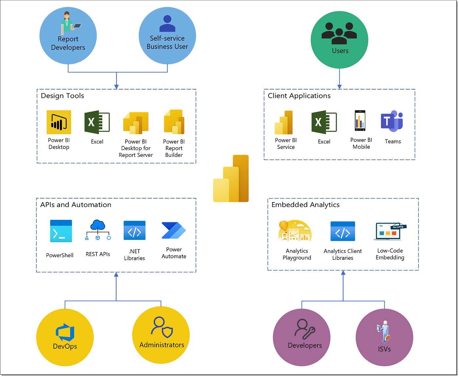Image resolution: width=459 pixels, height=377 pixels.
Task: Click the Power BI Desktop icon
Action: click(x=59, y=122)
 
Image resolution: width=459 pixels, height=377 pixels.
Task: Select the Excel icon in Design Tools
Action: click(x=97, y=122)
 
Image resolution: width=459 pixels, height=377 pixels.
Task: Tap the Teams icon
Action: click(x=392, y=121)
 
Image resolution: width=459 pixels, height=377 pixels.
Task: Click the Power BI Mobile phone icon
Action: click(x=360, y=121)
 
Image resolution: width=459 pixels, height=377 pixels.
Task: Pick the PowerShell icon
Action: click(x=61, y=231)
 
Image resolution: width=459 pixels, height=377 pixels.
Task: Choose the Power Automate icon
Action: click(x=173, y=230)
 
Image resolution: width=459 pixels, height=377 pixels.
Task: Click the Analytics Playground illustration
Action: click(x=295, y=231)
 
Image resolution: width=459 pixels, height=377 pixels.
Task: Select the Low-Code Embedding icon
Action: click(x=390, y=231)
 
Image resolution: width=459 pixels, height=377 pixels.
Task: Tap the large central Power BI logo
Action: click(x=231, y=179)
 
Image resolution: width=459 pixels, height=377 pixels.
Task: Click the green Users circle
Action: click(x=339, y=40)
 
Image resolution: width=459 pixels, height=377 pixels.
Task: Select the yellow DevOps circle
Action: click(x=65, y=337)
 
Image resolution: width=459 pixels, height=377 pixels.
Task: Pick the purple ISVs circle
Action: click(x=384, y=337)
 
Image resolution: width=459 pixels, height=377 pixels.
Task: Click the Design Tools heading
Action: click(x=63, y=96)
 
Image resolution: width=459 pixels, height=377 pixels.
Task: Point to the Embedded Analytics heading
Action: click(x=305, y=205)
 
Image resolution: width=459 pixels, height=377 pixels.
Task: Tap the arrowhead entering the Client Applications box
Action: click(x=339, y=87)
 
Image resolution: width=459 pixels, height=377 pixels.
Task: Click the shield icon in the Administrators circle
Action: click(x=168, y=332)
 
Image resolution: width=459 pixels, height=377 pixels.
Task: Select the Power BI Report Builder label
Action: click(x=174, y=148)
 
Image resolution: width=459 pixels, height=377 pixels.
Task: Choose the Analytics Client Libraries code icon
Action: click(x=343, y=231)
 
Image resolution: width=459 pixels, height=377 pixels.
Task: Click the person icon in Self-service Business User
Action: click(x=167, y=24)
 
